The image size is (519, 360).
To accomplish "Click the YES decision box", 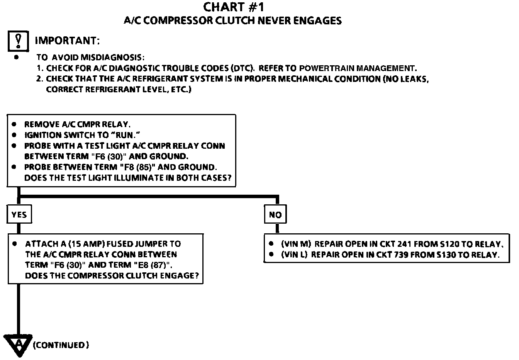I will (x=19, y=215).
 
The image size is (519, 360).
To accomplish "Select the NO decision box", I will (x=275, y=215).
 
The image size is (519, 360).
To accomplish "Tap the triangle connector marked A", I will (x=18, y=343).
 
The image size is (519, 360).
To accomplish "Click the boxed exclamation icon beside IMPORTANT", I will (x=18, y=41).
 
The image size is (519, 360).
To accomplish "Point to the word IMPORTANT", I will (x=67, y=41).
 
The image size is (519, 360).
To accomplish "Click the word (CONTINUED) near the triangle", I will (x=61, y=345).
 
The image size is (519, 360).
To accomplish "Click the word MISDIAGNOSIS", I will (x=112, y=58).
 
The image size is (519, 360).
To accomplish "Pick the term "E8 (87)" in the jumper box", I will (x=153, y=265).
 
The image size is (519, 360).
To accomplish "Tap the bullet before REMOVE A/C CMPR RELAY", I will (x=14, y=124).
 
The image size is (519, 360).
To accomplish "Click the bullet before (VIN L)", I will (x=271, y=255).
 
